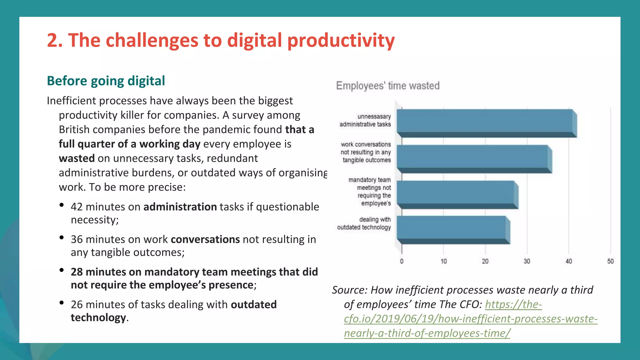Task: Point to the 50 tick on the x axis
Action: tap(610, 261)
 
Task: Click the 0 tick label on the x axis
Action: tap(402, 261)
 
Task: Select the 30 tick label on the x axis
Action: tap(527, 261)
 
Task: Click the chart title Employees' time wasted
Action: tap(387, 86)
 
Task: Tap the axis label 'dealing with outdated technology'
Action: tap(364, 223)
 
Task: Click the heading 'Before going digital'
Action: tap(106, 81)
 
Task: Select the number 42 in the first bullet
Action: tap(77, 207)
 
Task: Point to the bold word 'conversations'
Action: tap(205, 239)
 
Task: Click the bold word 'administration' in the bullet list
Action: tap(180, 207)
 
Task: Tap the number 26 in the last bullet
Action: tap(77, 305)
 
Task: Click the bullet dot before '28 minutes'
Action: tap(62, 270)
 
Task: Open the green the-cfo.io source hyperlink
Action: tap(470, 319)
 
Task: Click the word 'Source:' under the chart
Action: tap(350, 290)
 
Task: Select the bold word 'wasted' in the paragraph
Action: tap(77, 158)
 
